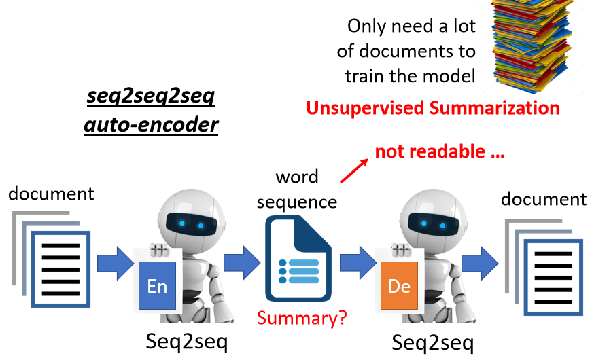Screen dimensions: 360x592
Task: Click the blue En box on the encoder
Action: [157, 286]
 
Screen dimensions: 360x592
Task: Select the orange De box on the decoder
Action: [399, 286]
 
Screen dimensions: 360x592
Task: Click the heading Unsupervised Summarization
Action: [433, 107]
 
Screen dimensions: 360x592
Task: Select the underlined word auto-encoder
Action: [151, 125]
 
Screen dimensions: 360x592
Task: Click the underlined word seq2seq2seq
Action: [151, 97]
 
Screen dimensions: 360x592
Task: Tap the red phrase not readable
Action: [439, 151]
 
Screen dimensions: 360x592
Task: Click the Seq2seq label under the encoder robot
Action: [187, 342]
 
